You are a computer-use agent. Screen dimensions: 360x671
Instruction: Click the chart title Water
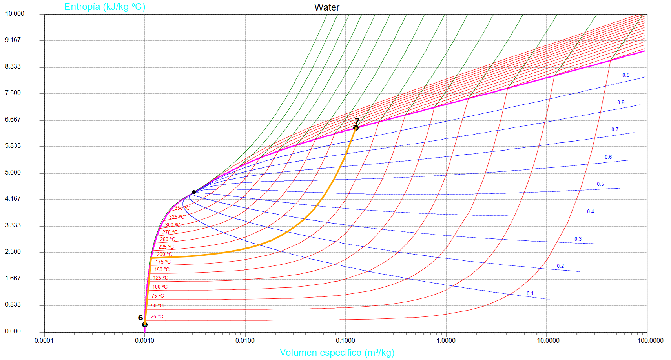(x=326, y=7)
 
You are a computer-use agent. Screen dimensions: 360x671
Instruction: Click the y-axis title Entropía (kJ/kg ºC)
(x=105, y=7)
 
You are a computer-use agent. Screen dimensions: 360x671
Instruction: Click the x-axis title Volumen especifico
(x=337, y=353)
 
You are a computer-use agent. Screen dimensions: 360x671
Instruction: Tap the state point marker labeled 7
(x=356, y=128)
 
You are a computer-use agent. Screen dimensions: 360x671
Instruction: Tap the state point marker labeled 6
(x=145, y=325)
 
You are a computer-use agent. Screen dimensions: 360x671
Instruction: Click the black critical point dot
(x=194, y=192)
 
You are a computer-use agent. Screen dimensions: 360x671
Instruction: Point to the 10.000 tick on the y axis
(x=15, y=14)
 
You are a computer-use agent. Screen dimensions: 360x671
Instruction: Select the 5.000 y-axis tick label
(x=13, y=173)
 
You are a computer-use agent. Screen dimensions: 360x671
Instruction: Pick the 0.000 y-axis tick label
(x=13, y=331)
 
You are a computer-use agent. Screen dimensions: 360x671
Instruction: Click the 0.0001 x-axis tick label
(x=44, y=340)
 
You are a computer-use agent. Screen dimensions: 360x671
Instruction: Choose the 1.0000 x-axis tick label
(x=446, y=340)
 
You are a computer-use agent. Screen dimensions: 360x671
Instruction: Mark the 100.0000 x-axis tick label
(x=650, y=340)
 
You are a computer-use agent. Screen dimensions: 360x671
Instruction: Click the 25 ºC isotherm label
(x=157, y=316)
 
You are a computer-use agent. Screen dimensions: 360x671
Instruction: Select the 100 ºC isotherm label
(x=160, y=287)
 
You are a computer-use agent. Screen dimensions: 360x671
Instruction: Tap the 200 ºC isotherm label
(x=164, y=254)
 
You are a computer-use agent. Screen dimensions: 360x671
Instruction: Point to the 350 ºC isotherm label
(x=182, y=208)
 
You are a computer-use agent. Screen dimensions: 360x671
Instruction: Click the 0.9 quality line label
(x=626, y=75)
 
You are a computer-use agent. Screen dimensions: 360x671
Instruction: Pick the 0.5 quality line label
(x=600, y=184)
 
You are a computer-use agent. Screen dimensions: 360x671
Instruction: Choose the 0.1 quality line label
(x=530, y=293)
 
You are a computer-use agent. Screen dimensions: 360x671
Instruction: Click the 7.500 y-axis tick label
(x=13, y=93)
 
